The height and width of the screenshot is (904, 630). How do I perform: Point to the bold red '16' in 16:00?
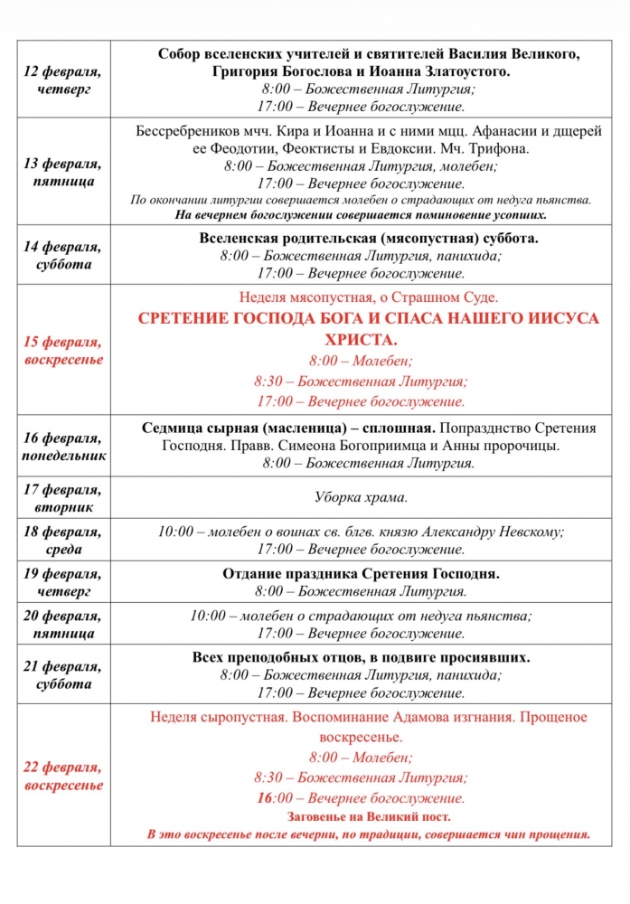tap(264, 798)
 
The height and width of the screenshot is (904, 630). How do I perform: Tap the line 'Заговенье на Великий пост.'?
tap(368, 817)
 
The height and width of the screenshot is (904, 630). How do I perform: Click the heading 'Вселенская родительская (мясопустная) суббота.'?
tap(368, 239)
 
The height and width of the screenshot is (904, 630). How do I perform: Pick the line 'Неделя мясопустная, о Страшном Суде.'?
tap(368, 297)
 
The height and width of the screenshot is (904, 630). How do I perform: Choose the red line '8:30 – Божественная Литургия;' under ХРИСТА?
tap(361, 381)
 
